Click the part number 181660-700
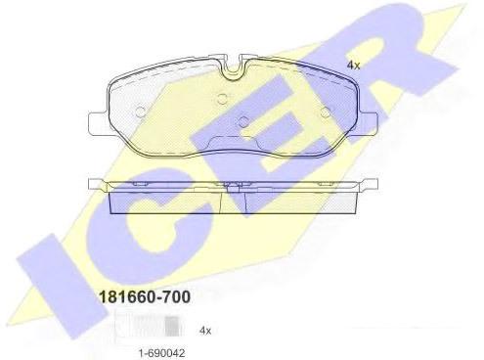click(x=145, y=296)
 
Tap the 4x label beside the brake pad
click(x=353, y=66)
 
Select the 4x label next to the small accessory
click(x=205, y=331)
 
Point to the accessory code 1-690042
click(x=161, y=352)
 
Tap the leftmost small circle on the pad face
click(x=140, y=112)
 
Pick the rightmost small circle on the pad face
click(x=326, y=112)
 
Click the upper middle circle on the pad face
click(x=222, y=98)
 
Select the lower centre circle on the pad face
click(x=243, y=122)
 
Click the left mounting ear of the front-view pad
click(x=98, y=123)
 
